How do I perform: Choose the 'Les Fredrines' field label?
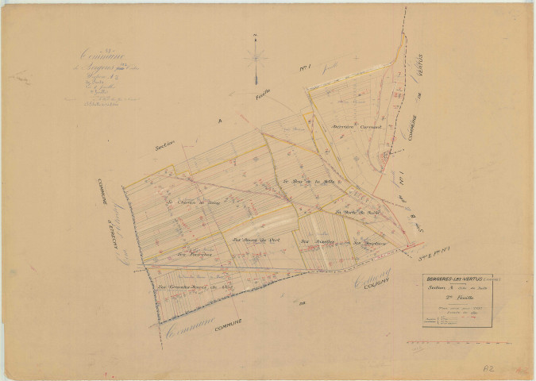tap(193, 255)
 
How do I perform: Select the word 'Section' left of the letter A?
tap(165, 145)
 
